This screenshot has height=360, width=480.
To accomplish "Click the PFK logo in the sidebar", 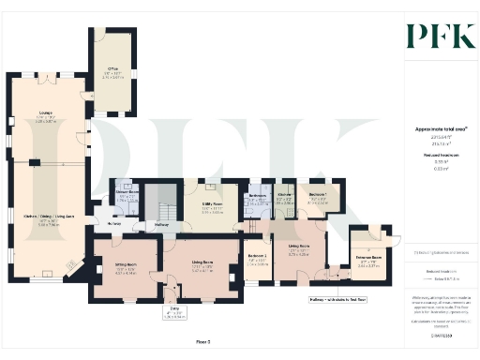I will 433,37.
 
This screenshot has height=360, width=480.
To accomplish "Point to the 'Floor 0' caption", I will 216,344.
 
